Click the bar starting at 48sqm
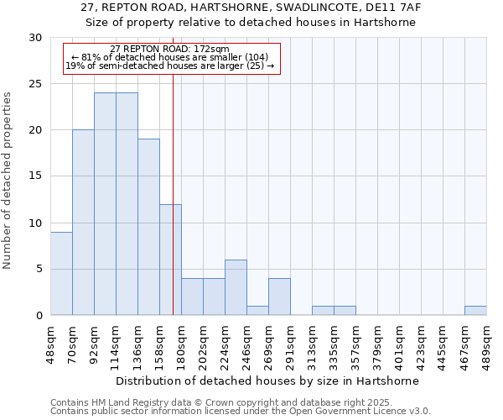tap(61, 273)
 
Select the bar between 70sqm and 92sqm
tap(83, 223)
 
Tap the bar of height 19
tap(148, 227)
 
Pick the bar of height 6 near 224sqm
tap(236, 287)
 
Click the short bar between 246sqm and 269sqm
tap(257, 311)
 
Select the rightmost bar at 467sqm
tap(475, 311)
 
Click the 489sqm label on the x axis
tap(487, 343)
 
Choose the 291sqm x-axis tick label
tap(291, 343)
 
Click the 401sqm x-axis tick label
tap(400, 343)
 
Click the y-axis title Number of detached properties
tap(8, 181)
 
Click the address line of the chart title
tap(251, 8)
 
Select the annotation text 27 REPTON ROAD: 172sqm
tap(169, 50)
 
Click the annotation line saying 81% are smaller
tap(169, 57)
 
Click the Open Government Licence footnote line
tap(241, 412)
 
